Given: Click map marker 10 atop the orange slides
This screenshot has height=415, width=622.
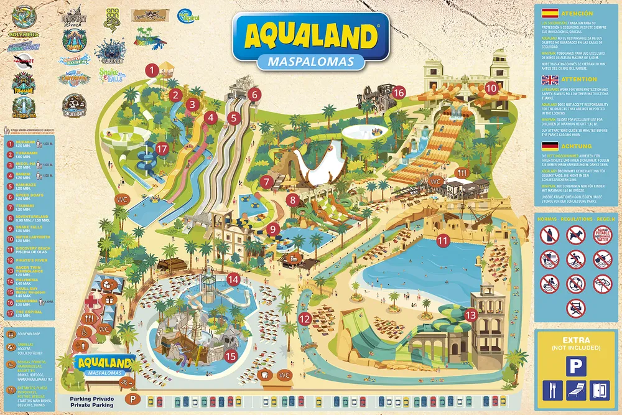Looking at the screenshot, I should pyautogui.click(x=491, y=88).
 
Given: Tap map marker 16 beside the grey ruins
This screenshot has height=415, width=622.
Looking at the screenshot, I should pyautogui.click(x=399, y=92).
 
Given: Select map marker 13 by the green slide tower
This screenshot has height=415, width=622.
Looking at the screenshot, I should pyautogui.click(x=471, y=315).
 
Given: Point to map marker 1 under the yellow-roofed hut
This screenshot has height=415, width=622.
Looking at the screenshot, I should pyautogui.click(x=152, y=70).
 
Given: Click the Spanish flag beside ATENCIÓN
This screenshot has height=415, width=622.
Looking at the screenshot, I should pyautogui.click(x=550, y=13).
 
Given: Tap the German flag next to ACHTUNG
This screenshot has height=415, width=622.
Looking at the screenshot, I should pyautogui.click(x=550, y=146).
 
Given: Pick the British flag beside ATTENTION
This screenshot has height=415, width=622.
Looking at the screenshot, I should pyautogui.click(x=550, y=80).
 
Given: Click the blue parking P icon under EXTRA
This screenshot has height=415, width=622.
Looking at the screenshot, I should pyautogui.click(x=575, y=365).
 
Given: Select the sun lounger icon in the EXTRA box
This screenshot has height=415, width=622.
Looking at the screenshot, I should pyautogui.click(x=575, y=390).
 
